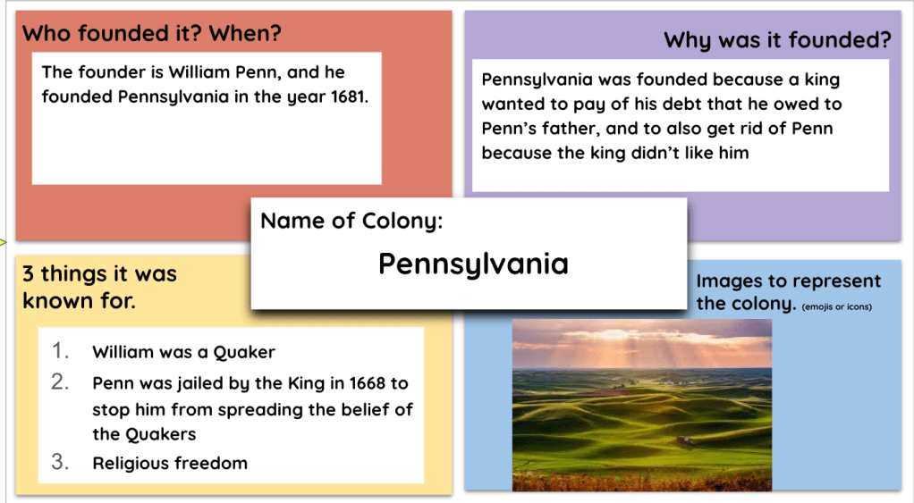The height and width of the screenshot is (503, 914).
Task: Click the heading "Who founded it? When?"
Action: click(151, 34)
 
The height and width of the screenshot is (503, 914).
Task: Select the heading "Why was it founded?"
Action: click(777, 40)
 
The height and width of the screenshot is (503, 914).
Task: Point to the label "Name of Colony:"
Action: click(351, 221)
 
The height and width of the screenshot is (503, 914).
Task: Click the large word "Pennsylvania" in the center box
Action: click(473, 264)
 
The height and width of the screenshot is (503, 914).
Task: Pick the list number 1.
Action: click(60, 350)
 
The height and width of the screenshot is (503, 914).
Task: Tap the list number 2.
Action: click(60, 381)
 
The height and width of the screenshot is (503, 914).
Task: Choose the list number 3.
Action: click(60, 461)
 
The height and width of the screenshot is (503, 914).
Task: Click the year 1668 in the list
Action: click(367, 383)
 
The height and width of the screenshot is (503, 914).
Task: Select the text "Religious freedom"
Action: click(170, 463)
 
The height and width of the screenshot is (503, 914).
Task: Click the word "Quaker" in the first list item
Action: click(244, 352)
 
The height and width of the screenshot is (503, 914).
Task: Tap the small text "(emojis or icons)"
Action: click(837, 306)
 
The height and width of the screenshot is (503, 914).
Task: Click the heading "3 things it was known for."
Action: click(99, 287)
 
